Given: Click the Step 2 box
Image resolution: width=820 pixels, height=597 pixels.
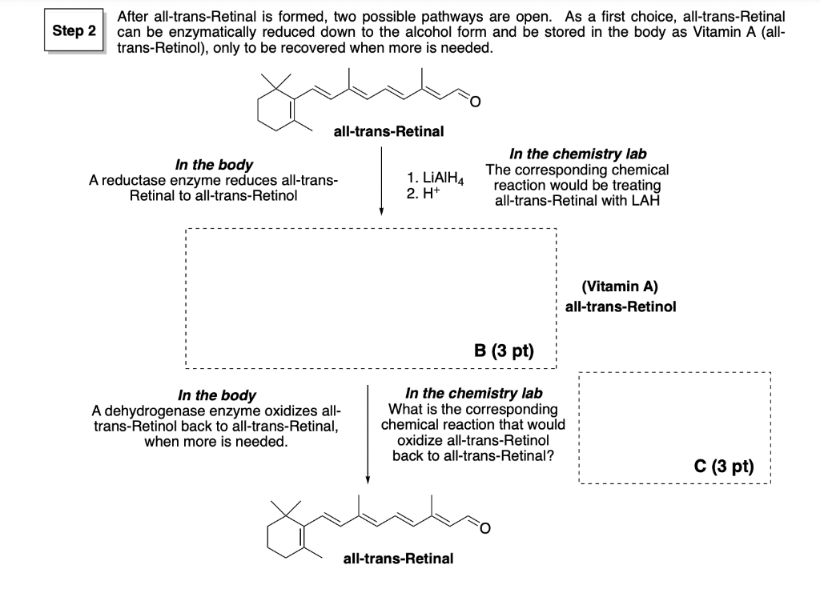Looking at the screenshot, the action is click(74, 32).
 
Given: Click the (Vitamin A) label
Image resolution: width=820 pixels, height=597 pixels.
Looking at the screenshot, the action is click(621, 286).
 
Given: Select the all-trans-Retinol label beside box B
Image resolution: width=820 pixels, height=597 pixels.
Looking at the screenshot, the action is click(621, 307).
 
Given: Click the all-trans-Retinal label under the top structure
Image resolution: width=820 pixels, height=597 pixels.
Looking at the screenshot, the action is click(388, 131).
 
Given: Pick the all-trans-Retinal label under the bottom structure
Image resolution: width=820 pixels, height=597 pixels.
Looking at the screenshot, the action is click(398, 558).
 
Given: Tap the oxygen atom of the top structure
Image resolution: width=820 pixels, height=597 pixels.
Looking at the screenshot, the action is click(473, 101).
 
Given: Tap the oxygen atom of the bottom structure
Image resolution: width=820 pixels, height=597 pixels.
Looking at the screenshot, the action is click(483, 527).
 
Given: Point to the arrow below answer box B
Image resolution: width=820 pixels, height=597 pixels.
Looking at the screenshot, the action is click(368, 432).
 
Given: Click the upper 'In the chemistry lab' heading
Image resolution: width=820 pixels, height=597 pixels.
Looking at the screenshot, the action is click(578, 154).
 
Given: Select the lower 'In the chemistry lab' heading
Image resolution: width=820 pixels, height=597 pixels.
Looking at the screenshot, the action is click(473, 393).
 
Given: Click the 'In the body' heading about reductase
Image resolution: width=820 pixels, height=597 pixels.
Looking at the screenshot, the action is click(214, 165).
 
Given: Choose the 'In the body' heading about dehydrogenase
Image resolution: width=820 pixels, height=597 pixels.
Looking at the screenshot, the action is click(216, 395).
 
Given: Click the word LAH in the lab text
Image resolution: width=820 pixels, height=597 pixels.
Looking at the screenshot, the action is click(645, 200).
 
